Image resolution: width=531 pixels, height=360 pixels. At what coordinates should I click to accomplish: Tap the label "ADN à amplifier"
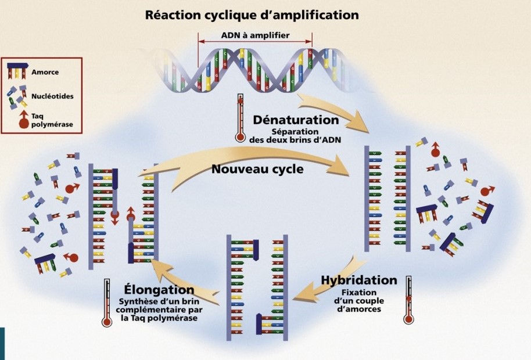pyautogui.click(x=255, y=35)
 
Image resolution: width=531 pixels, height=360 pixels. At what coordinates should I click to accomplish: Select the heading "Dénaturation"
pyautogui.click(x=295, y=120)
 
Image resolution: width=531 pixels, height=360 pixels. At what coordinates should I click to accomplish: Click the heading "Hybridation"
pyautogui.click(x=359, y=280)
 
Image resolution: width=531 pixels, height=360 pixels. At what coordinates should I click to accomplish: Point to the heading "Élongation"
pyautogui.click(x=159, y=289)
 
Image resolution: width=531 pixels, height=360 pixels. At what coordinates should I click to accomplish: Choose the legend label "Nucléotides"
pyautogui.click(x=53, y=96)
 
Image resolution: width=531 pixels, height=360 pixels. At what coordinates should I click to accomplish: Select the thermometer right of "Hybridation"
pyautogui.click(x=409, y=300)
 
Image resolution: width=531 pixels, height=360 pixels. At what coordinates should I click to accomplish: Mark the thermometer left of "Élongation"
pyautogui.click(x=107, y=303)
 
